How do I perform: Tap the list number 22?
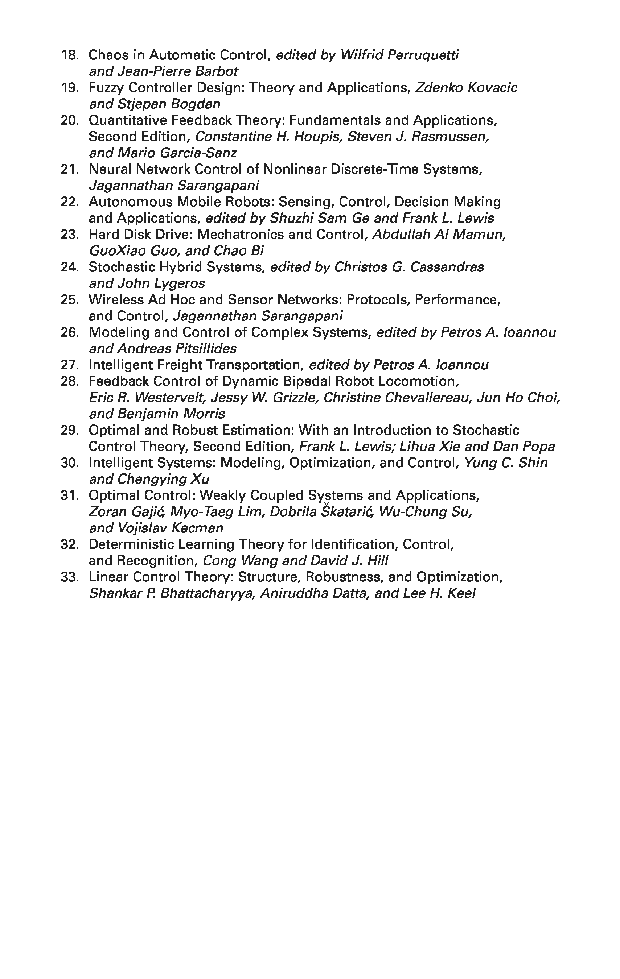click(x=69, y=202)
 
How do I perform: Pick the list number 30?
click(x=69, y=463)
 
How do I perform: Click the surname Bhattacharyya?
click(x=208, y=594)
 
